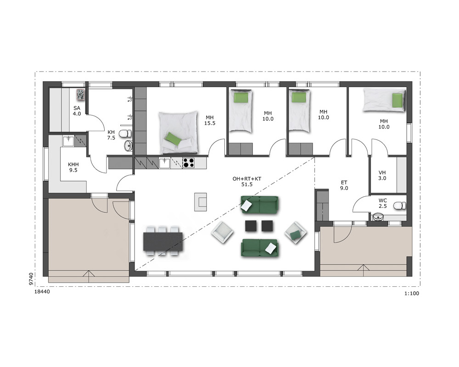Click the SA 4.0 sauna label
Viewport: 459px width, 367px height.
click(77, 111)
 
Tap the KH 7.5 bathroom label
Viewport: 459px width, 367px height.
click(111, 135)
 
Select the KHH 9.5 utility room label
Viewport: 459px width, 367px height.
click(73, 167)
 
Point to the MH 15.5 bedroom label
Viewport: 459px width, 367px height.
click(210, 120)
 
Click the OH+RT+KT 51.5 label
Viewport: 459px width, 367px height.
click(247, 182)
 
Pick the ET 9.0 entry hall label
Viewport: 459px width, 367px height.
click(344, 185)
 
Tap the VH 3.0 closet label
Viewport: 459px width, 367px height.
click(382, 175)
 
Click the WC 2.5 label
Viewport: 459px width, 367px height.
click(383, 203)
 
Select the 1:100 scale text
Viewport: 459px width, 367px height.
click(412, 294)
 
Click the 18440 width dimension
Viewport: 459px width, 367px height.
click(42, 292)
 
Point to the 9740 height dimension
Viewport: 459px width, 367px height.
click(31, 279)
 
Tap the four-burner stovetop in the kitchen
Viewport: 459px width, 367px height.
click(189, 163)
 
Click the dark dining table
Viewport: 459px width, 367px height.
click(163, 241)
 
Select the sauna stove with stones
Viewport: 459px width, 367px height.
click(80, 95)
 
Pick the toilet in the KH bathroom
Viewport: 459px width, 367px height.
click(126, 133)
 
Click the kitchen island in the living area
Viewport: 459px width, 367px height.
click(201, 202)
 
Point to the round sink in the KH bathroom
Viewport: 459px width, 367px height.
click(128, 145)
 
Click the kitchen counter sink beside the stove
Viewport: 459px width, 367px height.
click(164, 163)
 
